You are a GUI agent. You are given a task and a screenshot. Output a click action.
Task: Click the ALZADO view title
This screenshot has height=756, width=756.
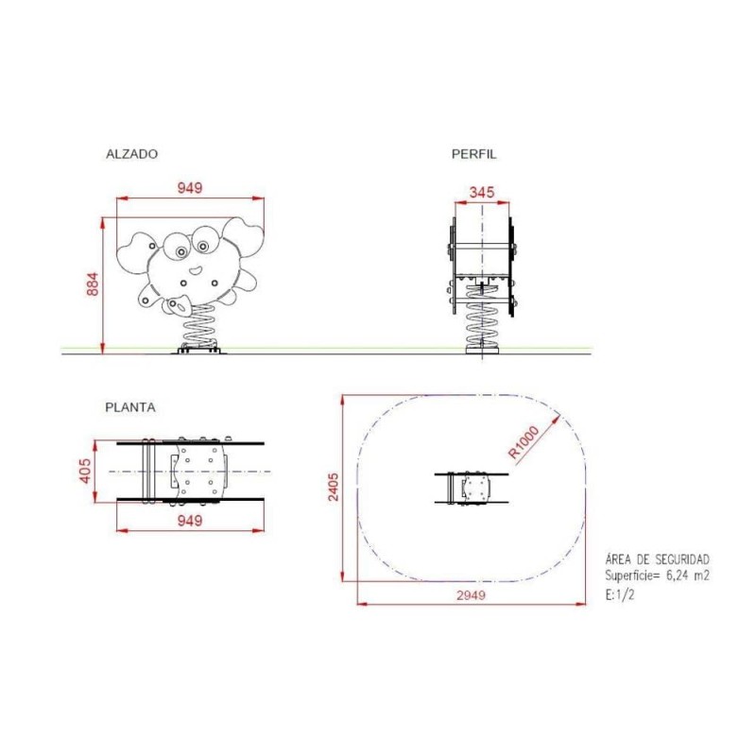(131, 153)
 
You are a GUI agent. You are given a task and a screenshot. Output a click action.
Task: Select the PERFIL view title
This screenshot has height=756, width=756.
(473, 153)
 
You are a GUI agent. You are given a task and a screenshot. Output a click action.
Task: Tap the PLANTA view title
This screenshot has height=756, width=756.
(130, 407)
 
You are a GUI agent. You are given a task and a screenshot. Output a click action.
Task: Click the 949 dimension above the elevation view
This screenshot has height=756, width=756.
(190, 188)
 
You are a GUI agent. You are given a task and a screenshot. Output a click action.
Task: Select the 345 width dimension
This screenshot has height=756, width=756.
(482, 192)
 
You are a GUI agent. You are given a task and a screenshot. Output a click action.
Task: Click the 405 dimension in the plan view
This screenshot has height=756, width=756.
(86, 471)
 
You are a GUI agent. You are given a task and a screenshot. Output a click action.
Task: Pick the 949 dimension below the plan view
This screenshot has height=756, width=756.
(190, 520)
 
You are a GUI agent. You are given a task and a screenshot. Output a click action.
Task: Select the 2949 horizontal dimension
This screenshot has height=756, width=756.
(470, 594)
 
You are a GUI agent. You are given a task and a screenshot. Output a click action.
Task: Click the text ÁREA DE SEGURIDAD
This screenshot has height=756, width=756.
(656, 560)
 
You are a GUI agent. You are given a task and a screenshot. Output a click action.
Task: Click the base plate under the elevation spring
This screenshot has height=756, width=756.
(199, 351)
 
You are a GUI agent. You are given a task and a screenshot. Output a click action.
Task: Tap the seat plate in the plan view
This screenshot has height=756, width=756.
(200, 471)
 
